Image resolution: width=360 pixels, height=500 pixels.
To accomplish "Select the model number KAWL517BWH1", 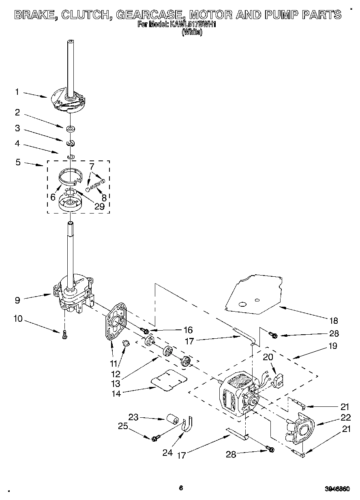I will point(195,25).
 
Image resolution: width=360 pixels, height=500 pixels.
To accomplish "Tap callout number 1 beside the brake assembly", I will point(17,92).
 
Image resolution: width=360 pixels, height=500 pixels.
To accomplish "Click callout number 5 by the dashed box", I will point(18,162).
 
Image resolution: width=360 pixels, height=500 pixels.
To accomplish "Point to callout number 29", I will point(99,206).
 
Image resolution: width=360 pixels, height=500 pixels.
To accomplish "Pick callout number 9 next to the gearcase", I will point(17,300).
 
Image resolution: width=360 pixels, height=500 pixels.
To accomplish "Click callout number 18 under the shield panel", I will point(333,321).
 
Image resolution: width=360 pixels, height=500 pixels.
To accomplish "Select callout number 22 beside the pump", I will point(345,418).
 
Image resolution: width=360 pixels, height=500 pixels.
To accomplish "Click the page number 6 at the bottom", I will point(181,488).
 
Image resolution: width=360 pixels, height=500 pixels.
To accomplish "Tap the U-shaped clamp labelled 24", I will point(187,424).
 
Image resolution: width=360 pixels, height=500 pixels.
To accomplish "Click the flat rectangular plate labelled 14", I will point(168,379).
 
